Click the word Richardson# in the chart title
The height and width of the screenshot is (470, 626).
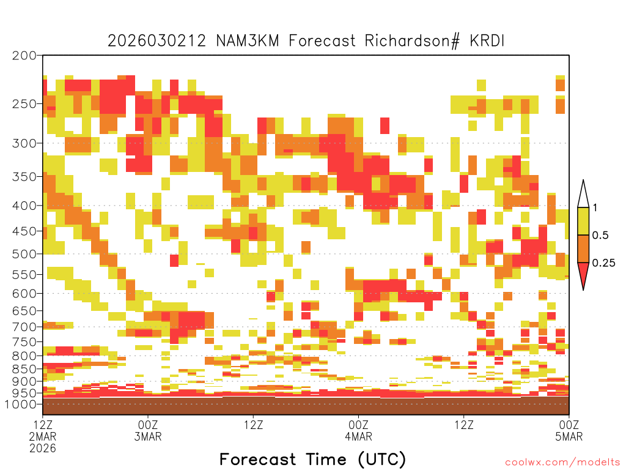[x=412, y=41]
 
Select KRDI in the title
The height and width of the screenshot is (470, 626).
[x=487, y=41]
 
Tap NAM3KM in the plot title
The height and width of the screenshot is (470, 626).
[x=248, y=41]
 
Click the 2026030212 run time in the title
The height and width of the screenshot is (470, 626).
[x=157, y=41]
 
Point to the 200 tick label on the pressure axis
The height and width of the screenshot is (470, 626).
[x=24, y=56]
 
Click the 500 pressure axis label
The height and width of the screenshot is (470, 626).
[x=24, y=254]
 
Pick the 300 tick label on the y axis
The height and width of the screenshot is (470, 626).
[x=24, y=143]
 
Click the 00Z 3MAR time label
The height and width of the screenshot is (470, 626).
[x=148, y=430]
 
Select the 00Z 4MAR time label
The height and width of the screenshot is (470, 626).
[x=358, y=430]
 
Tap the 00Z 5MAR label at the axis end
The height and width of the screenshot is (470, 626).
[x=569, y=430]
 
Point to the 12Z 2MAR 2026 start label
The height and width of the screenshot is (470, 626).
[x=43, y=436]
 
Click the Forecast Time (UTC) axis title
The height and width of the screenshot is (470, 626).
[x=312, y=459]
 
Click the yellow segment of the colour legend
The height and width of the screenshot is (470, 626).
[x=583, y=221]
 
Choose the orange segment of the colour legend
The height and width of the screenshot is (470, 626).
[x=583, y=248]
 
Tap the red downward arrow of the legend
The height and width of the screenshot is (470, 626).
[x=583, y=274]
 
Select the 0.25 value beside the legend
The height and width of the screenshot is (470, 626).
[x=603, y=263]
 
